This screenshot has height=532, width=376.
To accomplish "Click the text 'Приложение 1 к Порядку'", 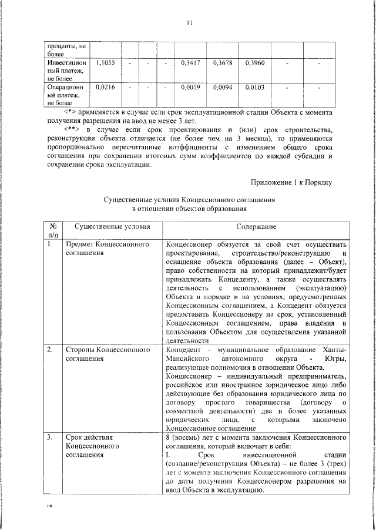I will [x=292, y=183].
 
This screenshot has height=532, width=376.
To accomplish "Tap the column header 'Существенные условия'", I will [x=112, y=227].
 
